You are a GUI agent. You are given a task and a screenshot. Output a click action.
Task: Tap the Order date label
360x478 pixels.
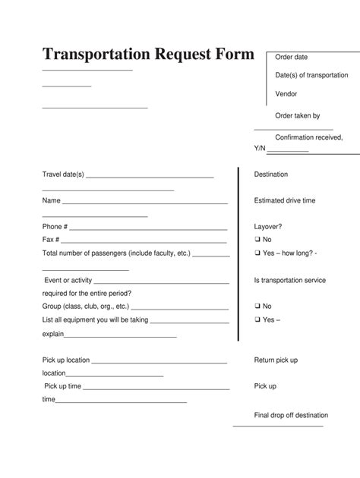pos(291,57)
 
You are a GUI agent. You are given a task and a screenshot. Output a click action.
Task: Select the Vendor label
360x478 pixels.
pos(286,94)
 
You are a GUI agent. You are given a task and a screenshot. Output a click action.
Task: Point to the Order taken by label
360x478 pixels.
pos(297,115)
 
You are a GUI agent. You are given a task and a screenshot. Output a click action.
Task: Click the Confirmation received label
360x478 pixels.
pos(308,137)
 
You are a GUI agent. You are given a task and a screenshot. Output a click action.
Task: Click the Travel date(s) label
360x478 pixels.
pos(64,175)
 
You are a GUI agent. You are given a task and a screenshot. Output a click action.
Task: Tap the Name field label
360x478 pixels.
pos(51,201)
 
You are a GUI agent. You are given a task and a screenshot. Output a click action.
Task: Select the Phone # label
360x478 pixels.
pos(55,227)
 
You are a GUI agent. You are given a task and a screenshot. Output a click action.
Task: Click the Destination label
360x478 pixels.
pos(271,175)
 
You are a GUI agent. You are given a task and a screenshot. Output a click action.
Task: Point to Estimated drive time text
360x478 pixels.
pos(285,201)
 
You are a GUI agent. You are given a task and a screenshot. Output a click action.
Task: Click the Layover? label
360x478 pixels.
pos(269,227)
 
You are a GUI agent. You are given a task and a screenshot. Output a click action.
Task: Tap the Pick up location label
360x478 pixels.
pos(66,360)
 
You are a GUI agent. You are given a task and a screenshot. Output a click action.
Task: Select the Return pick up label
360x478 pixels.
pos(276,360)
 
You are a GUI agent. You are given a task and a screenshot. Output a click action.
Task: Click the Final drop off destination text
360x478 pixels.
pos(291,415)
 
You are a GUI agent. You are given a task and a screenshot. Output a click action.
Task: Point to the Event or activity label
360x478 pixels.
pos(68,280)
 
